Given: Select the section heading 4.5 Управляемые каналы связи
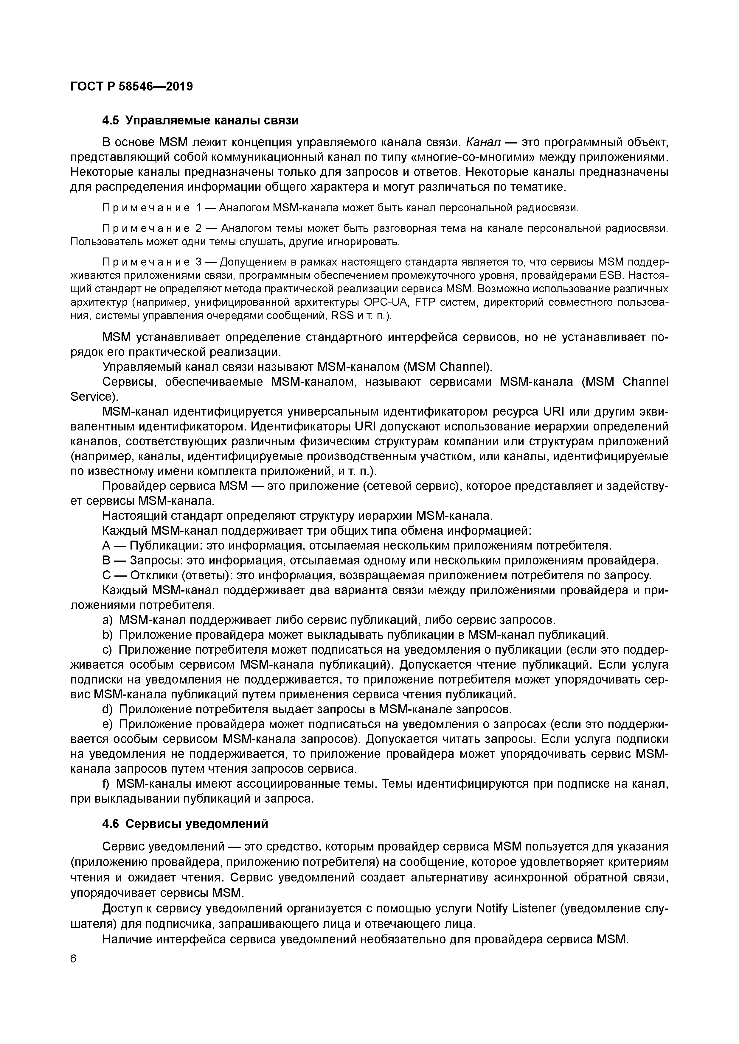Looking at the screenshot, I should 200,121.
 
